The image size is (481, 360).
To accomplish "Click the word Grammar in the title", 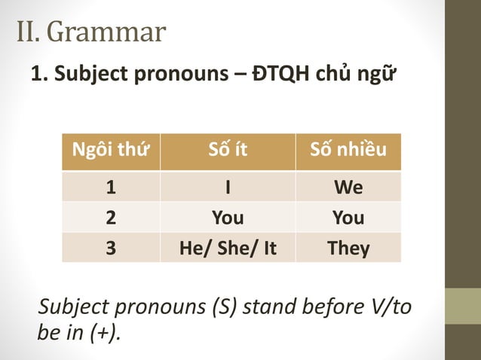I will click(x=110, y=32).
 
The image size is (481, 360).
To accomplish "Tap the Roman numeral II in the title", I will click(x=31, y=32).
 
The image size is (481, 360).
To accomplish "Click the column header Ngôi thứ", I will click(x=110, y=151).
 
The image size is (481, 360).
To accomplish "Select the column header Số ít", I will click(x=228, y=151).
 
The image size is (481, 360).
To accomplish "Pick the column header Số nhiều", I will click(x=348, y=151).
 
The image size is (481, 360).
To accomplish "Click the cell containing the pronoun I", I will click(x=228, y=187).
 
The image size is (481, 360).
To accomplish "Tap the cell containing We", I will click(x=348, y=187).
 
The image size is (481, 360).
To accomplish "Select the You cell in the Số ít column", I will click(x=228, y=218).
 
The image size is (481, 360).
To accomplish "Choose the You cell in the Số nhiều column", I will click(x=348, y=218).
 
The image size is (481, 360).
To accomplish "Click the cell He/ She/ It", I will click(x=228, y=248).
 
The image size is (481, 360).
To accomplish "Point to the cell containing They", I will click(x=348, y=248).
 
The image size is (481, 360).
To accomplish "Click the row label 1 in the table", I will click(x=110, y=187).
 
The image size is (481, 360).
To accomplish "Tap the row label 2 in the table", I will click(x=110, y=218).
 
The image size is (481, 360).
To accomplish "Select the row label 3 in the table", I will click(x=110, y=248).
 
